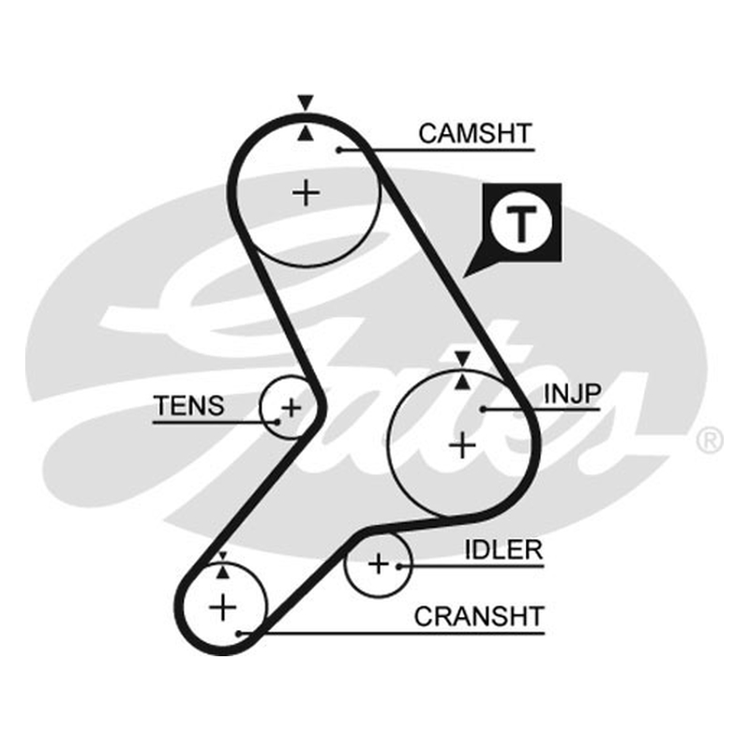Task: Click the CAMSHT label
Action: (475, 133)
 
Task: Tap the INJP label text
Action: (572, 394)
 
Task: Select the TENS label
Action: (189, 406)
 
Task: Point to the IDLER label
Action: (503, 550)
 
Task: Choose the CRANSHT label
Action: (479, 617)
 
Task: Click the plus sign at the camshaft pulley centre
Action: (307, 193)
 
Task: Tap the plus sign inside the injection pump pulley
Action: (462, 445)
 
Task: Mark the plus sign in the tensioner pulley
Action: (292, 408)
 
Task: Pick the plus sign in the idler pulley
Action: (379, 564)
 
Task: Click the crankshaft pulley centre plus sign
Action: (223, 607)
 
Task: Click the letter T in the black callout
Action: (522, 224)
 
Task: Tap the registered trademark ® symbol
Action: (710, 441)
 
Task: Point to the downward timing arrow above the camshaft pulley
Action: (306, 103)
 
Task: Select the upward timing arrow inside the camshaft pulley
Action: (306, 133)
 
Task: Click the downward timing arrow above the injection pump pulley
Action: (462, 358)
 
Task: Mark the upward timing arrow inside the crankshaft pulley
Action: (222, 572)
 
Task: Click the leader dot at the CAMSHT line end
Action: (338, 150)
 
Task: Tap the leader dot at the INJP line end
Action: (484, 410)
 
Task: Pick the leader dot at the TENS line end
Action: (277, 422)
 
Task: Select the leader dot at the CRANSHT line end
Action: (239, 635)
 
